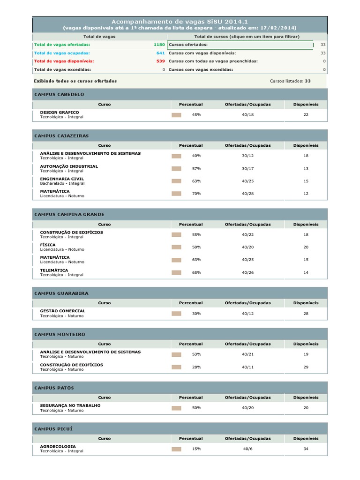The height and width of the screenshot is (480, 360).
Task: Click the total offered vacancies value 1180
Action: click(x=159, y=45)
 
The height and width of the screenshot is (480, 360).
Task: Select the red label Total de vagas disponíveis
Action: click(x=64, y=61)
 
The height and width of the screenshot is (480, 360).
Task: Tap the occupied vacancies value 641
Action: click(x=160, y=53)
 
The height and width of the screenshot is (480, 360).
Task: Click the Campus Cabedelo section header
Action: click(x=59, y=94)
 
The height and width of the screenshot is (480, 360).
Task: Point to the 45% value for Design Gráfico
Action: click(x=196, y=115)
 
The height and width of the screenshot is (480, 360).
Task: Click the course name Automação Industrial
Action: click(x=69, y=166)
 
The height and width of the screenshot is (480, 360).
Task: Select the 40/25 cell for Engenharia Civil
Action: click(x=247, y=181)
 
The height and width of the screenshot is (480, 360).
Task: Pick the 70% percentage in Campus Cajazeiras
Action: click(x=196, y=194)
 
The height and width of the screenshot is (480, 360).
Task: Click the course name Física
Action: click(x=48, y=245)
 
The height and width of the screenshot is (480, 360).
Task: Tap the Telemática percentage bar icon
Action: click(x=176, y=272)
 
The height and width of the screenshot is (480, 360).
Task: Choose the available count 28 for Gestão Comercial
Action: click(x=306, y=313)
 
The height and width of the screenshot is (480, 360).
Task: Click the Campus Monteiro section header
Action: click(x=60, y=334)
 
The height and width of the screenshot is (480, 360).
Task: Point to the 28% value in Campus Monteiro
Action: click(x=196, y=367)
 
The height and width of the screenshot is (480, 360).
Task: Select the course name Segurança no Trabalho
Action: click(x=70, y=405)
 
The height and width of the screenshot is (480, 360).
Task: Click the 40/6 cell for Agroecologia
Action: click(x=247, y=449)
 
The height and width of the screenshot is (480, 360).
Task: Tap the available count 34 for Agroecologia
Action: click(x=306, y=449)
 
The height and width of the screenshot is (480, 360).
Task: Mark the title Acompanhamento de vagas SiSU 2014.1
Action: click(x=180, y=22)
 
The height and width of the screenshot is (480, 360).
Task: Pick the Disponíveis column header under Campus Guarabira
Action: click(x=306, y=303)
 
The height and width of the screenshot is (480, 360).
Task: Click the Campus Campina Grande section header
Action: click(x=69, y=214)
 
